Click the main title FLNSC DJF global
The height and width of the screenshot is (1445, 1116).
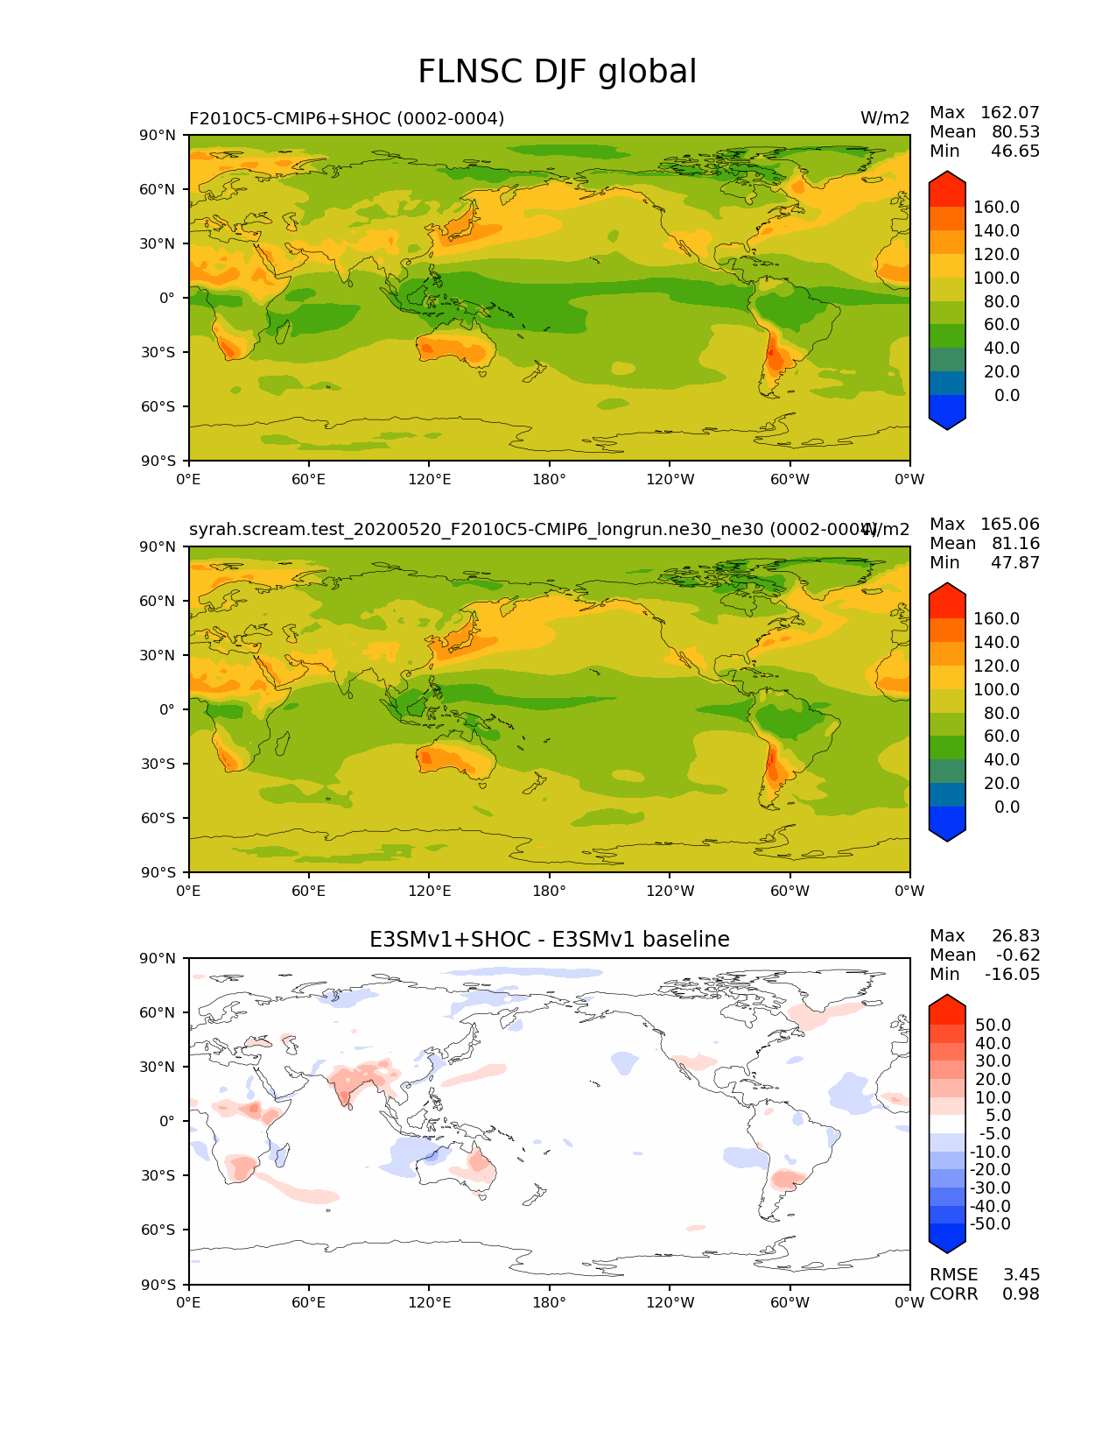point(557,72)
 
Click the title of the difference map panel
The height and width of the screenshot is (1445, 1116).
point(549,940)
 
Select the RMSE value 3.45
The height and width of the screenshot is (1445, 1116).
point(1021,1274)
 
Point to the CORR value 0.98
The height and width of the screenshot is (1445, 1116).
point(1021,1293)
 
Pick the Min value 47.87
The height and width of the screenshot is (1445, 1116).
point(1014,562)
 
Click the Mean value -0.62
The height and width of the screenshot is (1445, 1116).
point(1018,955)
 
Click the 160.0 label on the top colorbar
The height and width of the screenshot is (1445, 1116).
point(996,207)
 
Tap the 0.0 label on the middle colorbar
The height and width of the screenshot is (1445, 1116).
point(1007,807)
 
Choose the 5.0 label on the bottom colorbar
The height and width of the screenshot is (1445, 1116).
point(999,1115)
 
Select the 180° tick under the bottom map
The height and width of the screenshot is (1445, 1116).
point(549,1302)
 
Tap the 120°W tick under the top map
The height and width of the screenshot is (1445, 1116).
point(670,479)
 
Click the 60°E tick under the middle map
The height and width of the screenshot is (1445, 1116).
point(308,891)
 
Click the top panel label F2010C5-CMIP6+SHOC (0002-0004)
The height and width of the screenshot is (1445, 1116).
point(347,118)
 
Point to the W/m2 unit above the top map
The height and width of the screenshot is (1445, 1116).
point(885,118)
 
